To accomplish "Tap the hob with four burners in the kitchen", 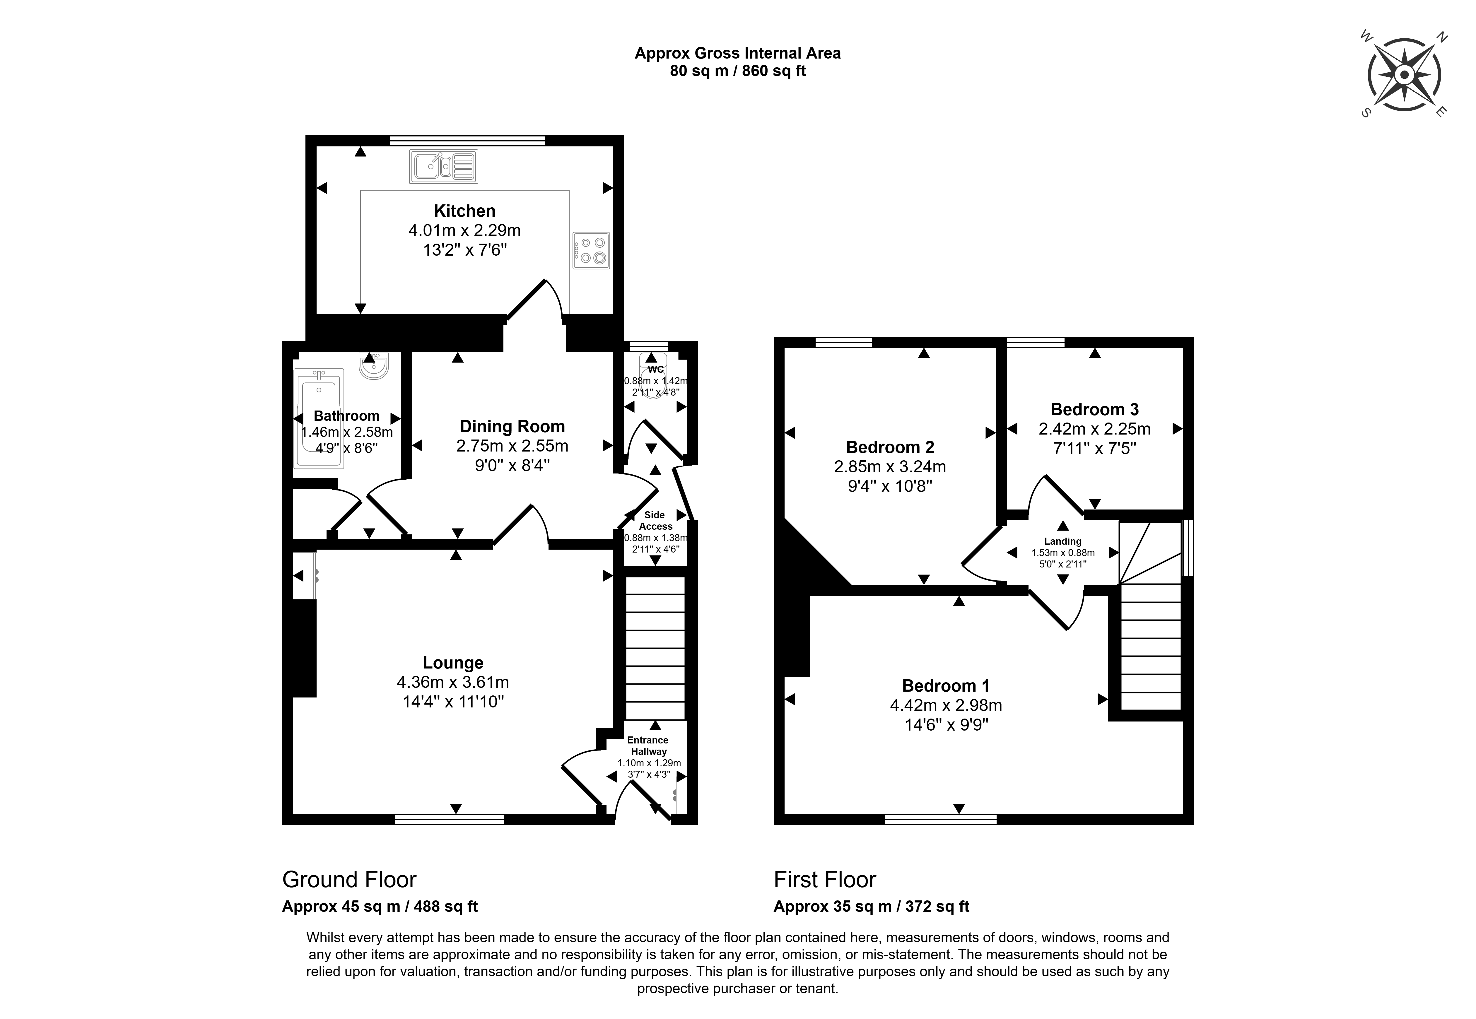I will click(590, 250).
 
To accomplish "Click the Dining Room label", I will click(512, 427).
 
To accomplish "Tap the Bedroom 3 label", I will click(1094, 409).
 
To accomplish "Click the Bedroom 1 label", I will click(945, 686).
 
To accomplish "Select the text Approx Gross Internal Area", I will click(737, 54).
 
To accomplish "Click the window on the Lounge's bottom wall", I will click(449, 820).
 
